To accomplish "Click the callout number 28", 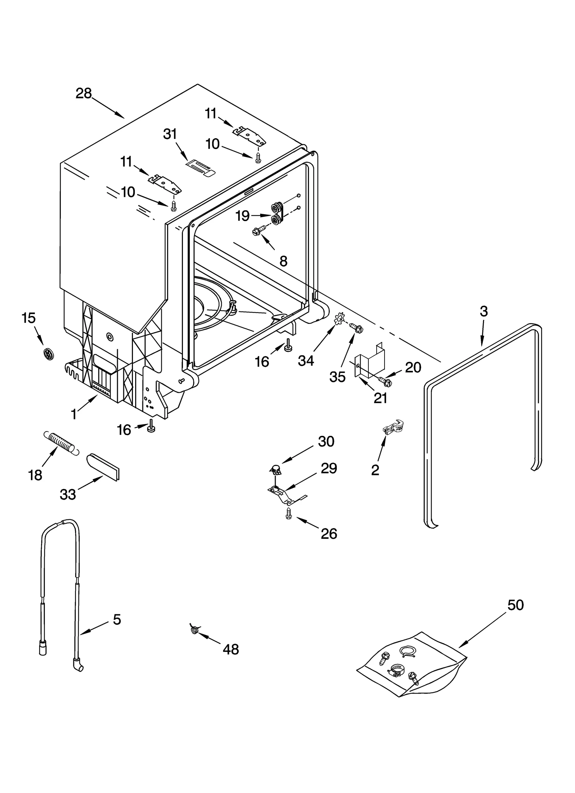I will pyautogui.click(x=84, y=94).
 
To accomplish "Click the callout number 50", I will pyautogui.click(x=515, y=605).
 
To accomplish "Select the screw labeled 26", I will pyautogui.click(x=288, y=514).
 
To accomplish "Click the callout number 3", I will pyautogui.click(x=484, y=311).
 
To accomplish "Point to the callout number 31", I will pyautogui.click(x=170, y=134).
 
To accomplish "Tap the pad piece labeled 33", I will pyautogui.click(x=103, y=466).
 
